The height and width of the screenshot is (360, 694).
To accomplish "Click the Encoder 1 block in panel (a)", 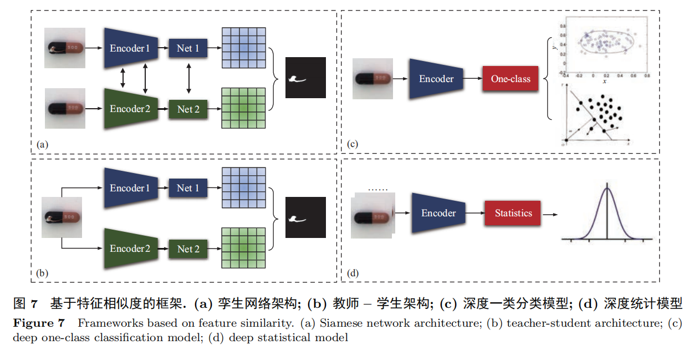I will [x=130, y=48].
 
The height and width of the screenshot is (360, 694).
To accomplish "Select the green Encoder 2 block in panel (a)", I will [x=130, y=109].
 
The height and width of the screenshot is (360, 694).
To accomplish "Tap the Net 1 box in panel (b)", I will [x=188, y=188].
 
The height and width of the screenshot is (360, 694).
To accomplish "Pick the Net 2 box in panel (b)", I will [x=188, y=249].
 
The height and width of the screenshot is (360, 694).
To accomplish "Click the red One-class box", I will [x=511, y=79].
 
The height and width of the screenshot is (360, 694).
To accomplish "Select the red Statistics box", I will [x=513, y=214].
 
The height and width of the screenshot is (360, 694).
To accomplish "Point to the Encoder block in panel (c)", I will [x=436, y=79].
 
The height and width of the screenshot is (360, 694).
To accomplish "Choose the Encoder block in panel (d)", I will [x=438, y=213].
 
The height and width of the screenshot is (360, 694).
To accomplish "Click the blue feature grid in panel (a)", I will [x=244, y=48].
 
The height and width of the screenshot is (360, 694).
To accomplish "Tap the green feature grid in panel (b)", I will [x=244, y=249].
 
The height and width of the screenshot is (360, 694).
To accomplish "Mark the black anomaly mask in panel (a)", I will [x=306, y=78].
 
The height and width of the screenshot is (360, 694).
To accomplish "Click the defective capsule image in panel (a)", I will [x=65, y=48].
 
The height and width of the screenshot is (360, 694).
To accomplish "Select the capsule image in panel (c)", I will [x=373, y=79].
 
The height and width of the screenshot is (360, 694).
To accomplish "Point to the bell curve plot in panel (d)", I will [x=607, y=214].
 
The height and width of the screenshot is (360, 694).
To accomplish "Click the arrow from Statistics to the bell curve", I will [x=550, y=214].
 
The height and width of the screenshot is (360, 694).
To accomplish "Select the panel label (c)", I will [x=353, y=145].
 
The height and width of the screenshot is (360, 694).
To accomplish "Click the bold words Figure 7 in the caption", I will [x=39, y=323].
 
